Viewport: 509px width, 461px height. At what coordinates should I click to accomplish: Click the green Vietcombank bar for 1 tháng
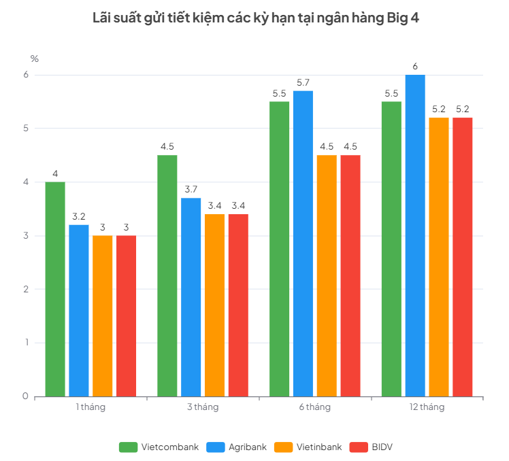(x=55, y=289)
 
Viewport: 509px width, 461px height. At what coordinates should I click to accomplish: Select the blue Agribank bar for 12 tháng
(x=415, y=235)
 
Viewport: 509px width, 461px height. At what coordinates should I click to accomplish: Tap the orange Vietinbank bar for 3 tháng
(x=214, y=305)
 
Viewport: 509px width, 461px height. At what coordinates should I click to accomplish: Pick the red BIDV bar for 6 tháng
(x=350, y=276)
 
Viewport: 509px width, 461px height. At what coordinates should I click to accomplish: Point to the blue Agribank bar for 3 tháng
(x=191, y=297)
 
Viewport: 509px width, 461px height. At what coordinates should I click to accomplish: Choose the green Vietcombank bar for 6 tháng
(x=280, y=249)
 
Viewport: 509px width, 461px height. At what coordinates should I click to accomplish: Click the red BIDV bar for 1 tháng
(x=127, y=316)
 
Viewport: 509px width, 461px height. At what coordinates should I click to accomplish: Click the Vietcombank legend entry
(x=159, y=447)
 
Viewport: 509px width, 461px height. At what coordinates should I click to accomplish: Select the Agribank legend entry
(x=237, y=447)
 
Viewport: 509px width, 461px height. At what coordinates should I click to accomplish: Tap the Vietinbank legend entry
(x=308, y=447)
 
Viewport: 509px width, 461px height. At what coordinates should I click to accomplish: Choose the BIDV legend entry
(x=371, y=447)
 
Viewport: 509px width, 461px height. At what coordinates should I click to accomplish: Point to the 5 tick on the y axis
(x=26, y=128)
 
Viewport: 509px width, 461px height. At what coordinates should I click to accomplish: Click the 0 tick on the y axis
(x=25, y=396)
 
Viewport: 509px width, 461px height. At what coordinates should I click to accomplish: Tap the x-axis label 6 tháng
(x=315, y=407)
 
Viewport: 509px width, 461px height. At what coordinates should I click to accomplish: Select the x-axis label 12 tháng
(x=427, y=407)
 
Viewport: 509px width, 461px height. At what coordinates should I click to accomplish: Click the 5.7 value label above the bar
(x=303, y=83)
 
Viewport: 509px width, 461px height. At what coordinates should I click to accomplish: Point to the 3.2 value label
(x=79, y=216)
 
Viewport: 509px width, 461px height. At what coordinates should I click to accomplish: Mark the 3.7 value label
(x=191, y=190)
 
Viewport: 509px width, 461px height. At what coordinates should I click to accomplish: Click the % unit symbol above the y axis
(x=35, y=58)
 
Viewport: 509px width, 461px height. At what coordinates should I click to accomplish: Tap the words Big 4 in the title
(x=403, y=18)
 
